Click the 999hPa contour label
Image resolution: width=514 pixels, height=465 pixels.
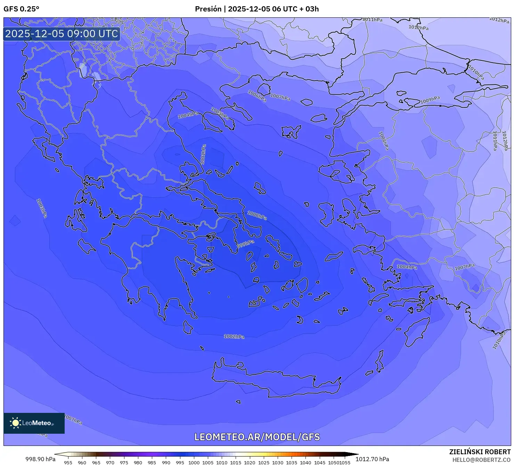coord(245,244)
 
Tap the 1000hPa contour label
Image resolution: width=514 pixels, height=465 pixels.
coord(257,215)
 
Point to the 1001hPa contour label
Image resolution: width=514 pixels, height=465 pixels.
coord(203,154)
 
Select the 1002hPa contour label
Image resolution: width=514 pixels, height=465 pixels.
coord(234,336)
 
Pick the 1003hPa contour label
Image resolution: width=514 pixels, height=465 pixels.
coord(41,208)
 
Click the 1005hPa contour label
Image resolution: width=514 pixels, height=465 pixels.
coord(220,113)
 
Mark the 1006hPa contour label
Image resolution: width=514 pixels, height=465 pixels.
coord(257,96)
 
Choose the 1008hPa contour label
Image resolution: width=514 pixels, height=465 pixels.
coord(384,141)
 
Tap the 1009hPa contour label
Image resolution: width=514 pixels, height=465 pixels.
coord(430,100)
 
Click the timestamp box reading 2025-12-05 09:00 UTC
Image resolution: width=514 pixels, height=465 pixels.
coord(62,34)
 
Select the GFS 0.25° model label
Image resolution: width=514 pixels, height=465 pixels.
coord(22,9)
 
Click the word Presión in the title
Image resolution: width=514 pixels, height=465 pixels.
coord(208,9)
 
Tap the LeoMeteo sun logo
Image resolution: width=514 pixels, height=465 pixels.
coord(16,423)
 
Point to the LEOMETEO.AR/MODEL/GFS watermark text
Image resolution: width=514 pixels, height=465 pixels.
coord(257,437)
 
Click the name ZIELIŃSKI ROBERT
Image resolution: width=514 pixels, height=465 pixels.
coord(480,452)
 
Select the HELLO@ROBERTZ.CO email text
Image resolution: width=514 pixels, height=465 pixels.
coord(481,459)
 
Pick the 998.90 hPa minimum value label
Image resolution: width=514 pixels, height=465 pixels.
coord(40,459)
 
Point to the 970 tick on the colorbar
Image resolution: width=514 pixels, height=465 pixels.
coord(110,463)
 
